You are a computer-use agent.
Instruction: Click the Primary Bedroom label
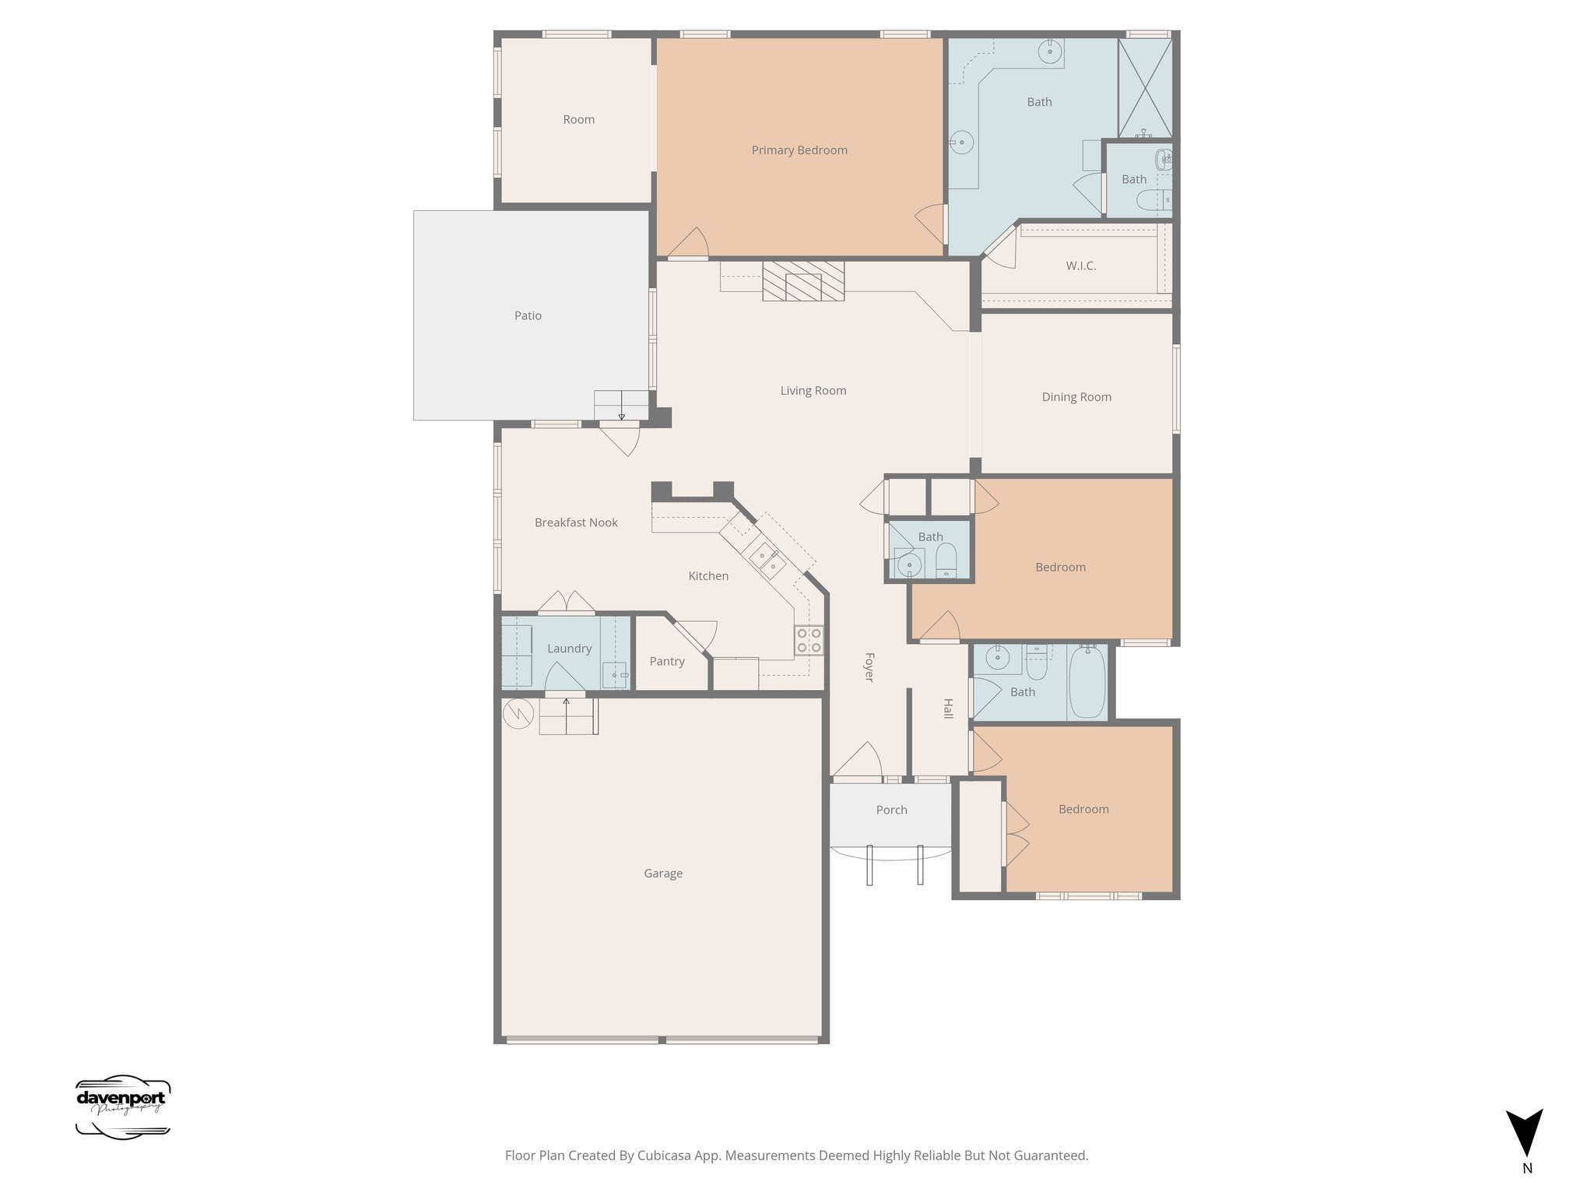pos(799,150)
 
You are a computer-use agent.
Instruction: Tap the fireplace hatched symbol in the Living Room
pos(803,281)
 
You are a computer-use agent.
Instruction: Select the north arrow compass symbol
pos(1524,1133)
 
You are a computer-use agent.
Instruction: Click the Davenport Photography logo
pos(122,1107)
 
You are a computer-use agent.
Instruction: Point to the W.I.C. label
pos(1080,266)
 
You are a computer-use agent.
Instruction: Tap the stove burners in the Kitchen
pos(809,640)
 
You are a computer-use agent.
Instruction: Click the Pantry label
pos(667,661)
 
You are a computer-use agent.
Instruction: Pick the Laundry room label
pos(569,649)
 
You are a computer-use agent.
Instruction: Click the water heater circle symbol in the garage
pos(517,713)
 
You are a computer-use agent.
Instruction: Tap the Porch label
pos(891,810)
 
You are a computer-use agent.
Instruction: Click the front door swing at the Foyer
pos(858,761)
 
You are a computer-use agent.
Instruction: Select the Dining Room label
pos(1076,397)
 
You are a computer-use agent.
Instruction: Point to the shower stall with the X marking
pos(1145,88)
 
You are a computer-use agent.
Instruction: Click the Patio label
pos(528,315)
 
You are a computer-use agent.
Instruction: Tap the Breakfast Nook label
pos(576,522)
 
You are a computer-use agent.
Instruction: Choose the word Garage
pos(663,874)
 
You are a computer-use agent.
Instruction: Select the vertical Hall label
pos(948,709)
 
